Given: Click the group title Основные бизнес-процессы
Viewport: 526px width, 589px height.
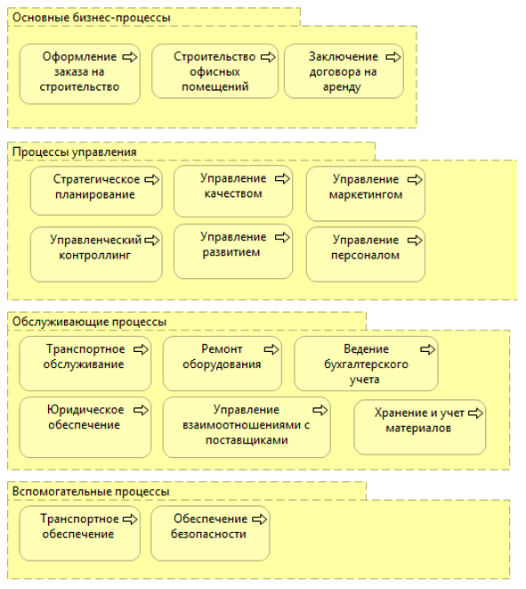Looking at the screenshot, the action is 92,18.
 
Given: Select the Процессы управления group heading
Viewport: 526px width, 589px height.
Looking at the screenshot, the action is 74,152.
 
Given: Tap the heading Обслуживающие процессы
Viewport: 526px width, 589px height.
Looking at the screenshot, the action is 89,322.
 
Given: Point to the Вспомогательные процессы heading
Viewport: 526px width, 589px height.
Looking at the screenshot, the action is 91,492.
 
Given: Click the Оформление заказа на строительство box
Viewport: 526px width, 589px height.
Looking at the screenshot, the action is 80,74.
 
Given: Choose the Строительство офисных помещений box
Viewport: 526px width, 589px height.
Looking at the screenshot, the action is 215,71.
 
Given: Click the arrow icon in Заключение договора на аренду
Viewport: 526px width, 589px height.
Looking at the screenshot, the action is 393,57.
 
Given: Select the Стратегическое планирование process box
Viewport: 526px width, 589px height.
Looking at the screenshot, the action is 96,191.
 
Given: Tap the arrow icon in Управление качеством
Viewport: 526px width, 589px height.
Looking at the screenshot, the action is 282,179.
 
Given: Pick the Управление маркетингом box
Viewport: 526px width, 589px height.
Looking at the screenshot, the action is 366,194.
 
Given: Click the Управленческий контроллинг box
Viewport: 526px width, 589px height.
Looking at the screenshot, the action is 96,254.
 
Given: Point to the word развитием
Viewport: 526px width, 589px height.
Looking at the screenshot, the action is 231,252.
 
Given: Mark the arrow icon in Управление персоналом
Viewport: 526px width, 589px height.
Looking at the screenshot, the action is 415,241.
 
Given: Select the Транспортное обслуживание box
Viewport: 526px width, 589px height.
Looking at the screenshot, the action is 85,364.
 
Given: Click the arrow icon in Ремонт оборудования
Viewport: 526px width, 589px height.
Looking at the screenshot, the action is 271,349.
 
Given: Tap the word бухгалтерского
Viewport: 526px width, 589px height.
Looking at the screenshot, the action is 366,364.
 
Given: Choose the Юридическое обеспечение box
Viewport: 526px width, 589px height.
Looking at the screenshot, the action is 85,428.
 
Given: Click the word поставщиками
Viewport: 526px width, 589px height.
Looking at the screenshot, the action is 247,440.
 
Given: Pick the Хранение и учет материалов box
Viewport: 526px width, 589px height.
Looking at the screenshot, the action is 420,427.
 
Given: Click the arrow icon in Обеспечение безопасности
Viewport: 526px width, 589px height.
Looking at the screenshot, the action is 259,519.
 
